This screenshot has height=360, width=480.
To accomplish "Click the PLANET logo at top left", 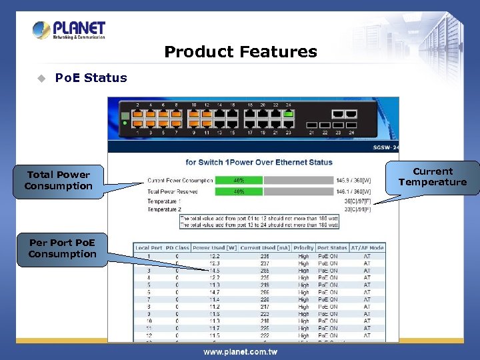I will (x=69, y=30).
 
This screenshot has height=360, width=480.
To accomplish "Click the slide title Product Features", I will (x=240, y=52).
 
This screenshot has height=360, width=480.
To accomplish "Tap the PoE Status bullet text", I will (x=91, y=78).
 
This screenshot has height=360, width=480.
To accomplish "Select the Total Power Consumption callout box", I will (x=59, y=181).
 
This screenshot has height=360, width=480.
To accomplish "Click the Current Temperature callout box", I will (x=433, y=177).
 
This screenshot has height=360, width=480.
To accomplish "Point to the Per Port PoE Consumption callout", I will (x=62, y=249).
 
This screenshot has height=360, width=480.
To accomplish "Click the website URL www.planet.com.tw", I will (x=240, y=352).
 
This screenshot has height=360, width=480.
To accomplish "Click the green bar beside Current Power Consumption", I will (x=237, y=180).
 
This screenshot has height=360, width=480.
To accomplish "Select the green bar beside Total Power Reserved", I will (x=237, y=191).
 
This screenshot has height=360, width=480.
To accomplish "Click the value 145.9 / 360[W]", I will (x=354, y=180).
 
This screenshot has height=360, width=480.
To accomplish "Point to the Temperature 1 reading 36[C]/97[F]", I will (x=357, y=201).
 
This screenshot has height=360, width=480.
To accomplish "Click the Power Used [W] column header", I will (x=214, y=248).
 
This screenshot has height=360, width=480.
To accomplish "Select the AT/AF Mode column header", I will (x=367, y=248).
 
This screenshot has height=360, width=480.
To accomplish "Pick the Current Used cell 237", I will (x=264, y=263).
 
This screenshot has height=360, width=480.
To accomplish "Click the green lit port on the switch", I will (x=289, y=113).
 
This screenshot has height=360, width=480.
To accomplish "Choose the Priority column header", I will (x=303, y=248).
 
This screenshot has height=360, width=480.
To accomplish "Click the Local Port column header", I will (x=149, y=248).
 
